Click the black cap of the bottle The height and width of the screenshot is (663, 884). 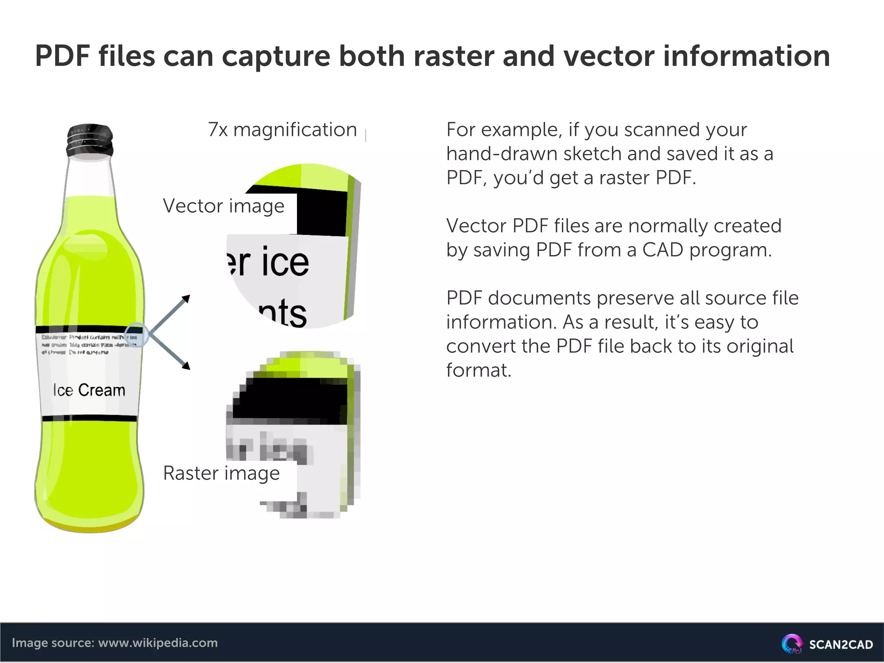(90, 140)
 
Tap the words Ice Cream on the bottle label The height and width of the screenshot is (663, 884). (89, 390)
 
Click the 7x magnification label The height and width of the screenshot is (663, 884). (282, 130)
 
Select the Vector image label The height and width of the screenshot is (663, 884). (224, 206)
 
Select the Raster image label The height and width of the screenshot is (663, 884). (221, 473)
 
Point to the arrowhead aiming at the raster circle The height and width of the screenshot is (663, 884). (186, 366)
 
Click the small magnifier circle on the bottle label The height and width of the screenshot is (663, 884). (137, 335)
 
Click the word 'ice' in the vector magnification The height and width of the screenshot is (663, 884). (285, 262)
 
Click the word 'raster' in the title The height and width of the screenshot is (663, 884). (453, 57)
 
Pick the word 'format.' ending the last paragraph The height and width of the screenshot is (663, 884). (479, 370)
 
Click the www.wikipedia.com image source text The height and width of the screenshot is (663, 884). (158, 643)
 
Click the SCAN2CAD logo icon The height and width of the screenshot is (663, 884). (792, 644)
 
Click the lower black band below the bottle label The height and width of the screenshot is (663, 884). (89, 418)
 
